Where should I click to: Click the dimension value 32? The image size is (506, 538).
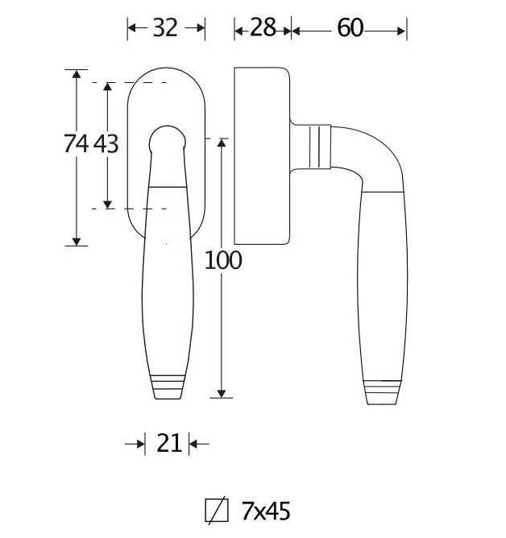click(x=165, y=28)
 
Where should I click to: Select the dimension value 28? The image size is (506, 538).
click(x=263, y=28)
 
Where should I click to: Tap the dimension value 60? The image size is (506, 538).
click(x=350, y=28)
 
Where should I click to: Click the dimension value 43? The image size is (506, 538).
click(x=106, y=144)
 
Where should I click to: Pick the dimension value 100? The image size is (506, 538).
click(x=223, y=260)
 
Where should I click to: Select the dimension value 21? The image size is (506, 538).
click(x=169, y=443)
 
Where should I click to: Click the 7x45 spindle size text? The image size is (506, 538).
click(x=265, y=511)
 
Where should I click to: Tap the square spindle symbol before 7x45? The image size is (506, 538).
click(x=215, y=511)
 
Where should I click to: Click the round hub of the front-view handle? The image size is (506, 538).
click(x=167, y=139)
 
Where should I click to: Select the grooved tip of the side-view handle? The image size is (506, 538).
click(x=382, y=391)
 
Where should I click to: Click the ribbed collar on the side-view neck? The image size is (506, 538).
click(x=321, y=147)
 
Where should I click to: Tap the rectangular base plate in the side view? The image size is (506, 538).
click(x=261, y=155)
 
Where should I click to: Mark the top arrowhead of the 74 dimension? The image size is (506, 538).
click(x=76, y=75)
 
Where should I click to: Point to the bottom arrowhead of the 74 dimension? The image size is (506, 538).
click(x=76, y=240)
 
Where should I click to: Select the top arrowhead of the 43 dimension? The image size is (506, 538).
click(x=106, y=87)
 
